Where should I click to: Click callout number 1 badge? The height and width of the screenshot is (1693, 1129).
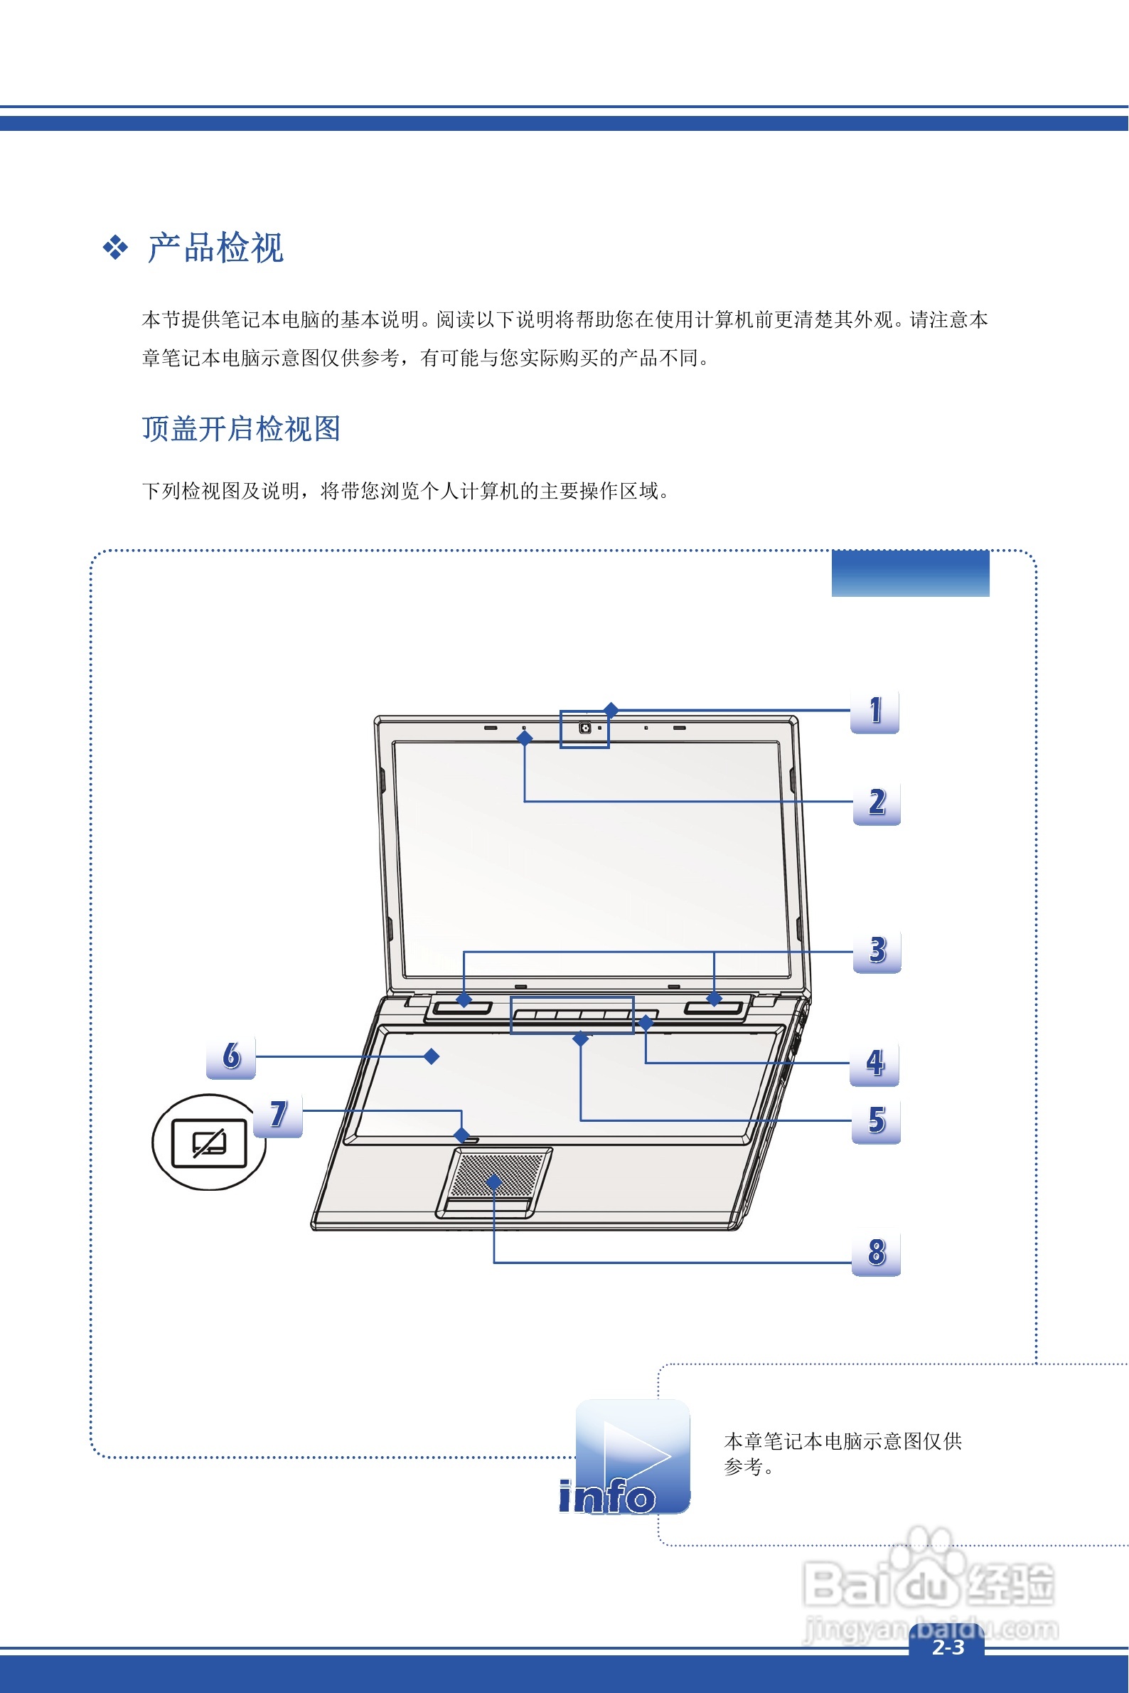pos(874,712)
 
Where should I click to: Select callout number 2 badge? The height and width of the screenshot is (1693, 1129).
pos(877,802)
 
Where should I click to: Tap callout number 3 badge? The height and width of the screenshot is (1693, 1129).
pos(877,951)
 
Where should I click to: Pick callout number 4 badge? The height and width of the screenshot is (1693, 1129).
pos(874,1063)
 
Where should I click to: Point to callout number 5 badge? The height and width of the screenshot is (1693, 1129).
pos(877,1121)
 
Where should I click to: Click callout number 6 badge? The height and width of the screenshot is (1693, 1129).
pos(231,1056)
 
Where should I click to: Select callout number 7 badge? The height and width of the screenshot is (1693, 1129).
pos(279,1115)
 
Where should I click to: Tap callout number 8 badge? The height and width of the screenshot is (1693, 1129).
pos(877,1253)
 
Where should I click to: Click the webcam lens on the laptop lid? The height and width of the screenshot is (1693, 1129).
pos(585,728)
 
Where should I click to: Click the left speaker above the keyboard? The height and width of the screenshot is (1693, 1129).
pos(464,1007)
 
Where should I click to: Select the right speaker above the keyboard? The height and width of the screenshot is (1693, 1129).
pos(714,1007)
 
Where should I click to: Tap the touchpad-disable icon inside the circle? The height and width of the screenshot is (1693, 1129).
pos(210,1142)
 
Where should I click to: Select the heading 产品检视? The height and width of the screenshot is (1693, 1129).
pos(215,248)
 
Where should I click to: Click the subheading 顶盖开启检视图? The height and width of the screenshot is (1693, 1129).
pos(241,429)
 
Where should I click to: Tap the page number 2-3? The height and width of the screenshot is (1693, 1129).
pos(948,1647)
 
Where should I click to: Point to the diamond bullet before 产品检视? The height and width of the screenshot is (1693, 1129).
pos(115,248)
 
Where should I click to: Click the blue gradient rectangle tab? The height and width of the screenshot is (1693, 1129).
pos(910,573)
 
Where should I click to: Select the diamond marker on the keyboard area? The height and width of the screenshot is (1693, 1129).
pos(432,1056)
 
